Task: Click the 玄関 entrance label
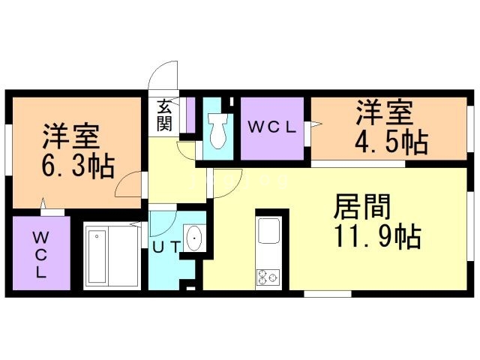click(x=164, y=115)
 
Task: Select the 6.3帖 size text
click(x=78, y=166)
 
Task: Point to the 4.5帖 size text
click(x=391, y=142)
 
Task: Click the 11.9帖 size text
click(x=378, y=236)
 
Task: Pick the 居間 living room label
click(x=362, y=207)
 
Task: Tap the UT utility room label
click(x=166, y=247)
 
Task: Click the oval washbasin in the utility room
click(x=194, y=238)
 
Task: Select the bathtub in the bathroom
click(x=97, y=256)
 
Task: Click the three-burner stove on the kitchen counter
click(x=268, y=277)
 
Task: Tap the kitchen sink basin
click(x=268, y=231)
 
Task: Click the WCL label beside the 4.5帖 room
click(x=271, y=127)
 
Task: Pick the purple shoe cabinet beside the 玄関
click(x=190, y=115)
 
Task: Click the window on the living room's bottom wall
click(x=328, y=294)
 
